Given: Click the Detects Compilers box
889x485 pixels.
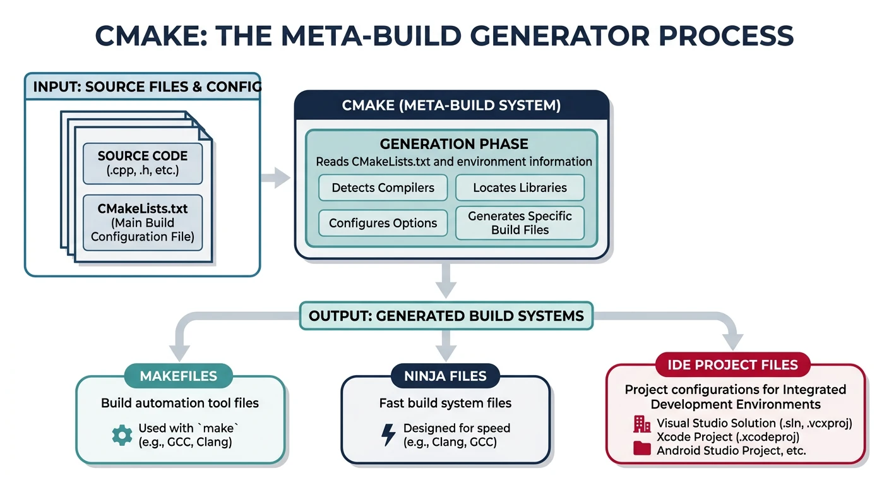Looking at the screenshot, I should pos(383,188).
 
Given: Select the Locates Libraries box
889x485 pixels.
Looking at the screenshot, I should pos(520,188).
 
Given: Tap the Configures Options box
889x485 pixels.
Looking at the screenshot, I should pos(383,223).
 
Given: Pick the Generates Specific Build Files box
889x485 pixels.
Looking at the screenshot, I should pos(520,223).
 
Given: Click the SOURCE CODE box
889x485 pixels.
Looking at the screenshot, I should pos(143,163).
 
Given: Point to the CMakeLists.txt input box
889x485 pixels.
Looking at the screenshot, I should pos(143,222).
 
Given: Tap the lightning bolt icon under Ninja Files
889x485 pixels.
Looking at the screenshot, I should pos(389,434).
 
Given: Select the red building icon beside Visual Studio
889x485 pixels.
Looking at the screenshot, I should pos(641,424).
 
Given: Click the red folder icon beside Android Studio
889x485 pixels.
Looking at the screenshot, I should pos(641,449).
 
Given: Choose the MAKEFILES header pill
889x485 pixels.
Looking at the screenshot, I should pos(179,376).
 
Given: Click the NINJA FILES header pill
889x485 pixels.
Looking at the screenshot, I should pos(446,376).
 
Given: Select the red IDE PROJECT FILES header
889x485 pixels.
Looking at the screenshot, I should pos(733,364).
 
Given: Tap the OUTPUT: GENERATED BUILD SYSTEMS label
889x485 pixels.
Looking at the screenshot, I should pos(446,316).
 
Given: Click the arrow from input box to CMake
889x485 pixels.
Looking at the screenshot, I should pos(275,178).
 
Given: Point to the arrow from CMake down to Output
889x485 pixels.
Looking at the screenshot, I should pos(446,280).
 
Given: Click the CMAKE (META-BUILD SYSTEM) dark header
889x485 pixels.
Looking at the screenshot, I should pos(451,105).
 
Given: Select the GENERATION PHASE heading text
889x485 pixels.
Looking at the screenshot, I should pos(454,144).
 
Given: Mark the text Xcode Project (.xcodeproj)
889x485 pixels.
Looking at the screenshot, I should pos(728,437).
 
